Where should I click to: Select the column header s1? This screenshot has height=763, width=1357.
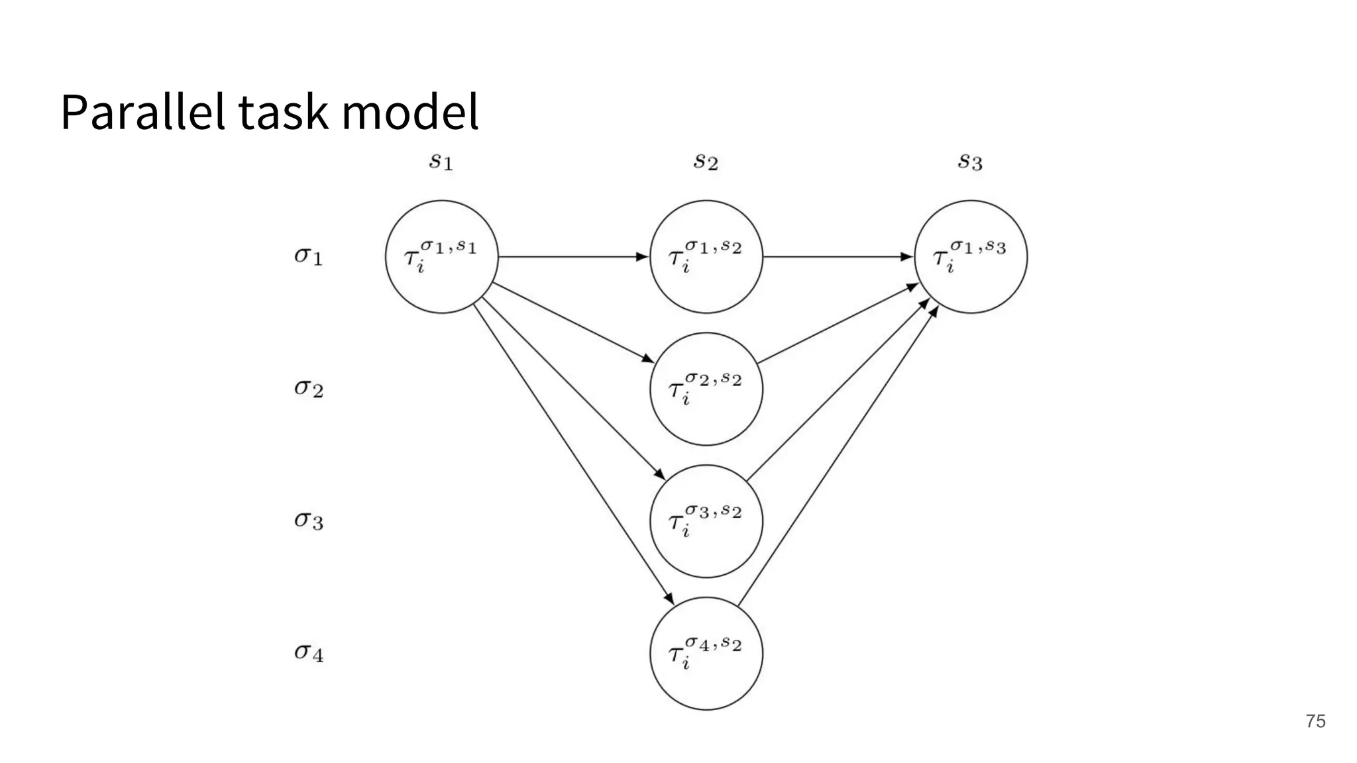click(441, 161)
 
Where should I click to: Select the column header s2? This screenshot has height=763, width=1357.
click(706, 161)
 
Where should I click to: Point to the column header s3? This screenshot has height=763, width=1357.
click(970, 161)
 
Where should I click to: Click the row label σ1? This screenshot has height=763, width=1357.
click(308, 256)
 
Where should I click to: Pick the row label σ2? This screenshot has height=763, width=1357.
click(308, 388)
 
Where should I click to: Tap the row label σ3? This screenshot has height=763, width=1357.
click(308, 521)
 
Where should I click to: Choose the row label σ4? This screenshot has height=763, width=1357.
click(308, 653)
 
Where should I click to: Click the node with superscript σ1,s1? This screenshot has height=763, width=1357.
click(441, 257)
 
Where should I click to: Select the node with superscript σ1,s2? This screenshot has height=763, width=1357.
click(706, 257)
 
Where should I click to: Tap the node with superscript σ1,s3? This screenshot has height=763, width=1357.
click(971, 257)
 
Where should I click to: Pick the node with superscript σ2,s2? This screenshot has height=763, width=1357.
click(706, 389)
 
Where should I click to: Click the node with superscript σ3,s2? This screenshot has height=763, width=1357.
click(706, 521)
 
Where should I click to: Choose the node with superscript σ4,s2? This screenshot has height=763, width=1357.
click(706, 654)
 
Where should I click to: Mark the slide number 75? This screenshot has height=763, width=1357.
click(1315, 721)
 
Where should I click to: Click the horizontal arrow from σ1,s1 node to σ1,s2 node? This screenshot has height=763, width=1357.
click(573, 257)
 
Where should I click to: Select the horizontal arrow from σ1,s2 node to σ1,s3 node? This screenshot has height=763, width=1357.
click(838, 257)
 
